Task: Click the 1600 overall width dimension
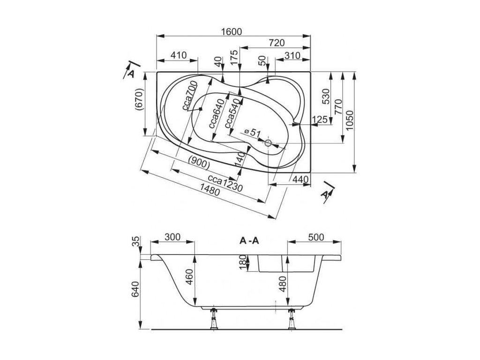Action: point(231,31)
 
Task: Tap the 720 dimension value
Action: point(277,43)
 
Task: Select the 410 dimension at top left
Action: point(178,55)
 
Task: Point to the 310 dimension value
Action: point(292,55)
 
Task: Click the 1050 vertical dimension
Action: point(350,120)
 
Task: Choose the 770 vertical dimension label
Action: point(338,107)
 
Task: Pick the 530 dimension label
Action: point(326,97)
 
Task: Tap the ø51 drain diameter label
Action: point(252,133)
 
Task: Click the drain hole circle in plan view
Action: point(269,142)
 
